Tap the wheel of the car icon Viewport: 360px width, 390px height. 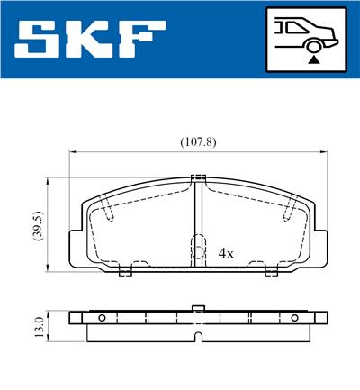click(x=313, y=46)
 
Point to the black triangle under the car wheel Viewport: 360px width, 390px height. click(x=313, y=60)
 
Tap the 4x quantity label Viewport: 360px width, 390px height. click(x=226, y=254)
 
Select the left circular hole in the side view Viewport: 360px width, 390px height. click(x=102, y=317)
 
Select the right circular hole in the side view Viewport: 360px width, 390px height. click(x=293, y=317)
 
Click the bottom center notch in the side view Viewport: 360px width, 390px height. click(x=198, y=338)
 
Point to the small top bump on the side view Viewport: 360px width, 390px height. click(x=198, y=308)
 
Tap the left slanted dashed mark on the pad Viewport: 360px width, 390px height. click(x=107, y=208)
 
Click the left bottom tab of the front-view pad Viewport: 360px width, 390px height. click(x=126, y=270)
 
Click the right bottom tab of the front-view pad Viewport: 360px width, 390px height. click(x=269, y=270)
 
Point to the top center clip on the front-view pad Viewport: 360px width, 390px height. click(x=198, y=177)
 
